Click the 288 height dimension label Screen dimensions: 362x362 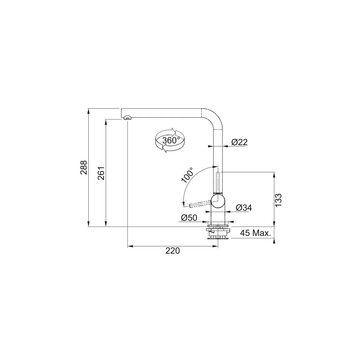[83, 167]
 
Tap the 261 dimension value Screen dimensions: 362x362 [101, 173]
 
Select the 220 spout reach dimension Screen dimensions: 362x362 [172, 251]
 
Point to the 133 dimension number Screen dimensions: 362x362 [278, 200]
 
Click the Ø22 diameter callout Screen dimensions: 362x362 [239, 142]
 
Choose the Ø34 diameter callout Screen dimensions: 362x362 [244, 208]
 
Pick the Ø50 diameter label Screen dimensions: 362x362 [189, 218]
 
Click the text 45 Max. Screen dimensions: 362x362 [255, 233]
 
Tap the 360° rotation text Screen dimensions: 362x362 [171, 140]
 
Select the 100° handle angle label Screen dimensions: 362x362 [187, 175]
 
